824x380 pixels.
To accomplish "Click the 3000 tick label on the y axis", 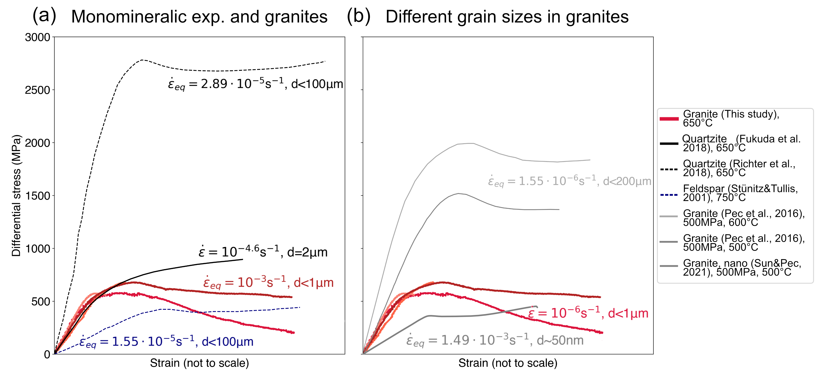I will click(38, 38).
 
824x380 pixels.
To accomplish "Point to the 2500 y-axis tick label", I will click(38, 90).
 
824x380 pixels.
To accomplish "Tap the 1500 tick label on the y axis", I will click(38, 196).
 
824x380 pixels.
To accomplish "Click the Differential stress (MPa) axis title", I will click(16, 196).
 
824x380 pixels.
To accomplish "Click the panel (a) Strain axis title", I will click(199, 363).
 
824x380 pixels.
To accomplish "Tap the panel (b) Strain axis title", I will click(508, 363).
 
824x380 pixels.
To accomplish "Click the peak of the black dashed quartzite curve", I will click(142, 60).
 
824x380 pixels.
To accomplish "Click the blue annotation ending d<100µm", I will click(166, 342).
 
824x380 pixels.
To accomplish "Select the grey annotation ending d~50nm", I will click(495, 340).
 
